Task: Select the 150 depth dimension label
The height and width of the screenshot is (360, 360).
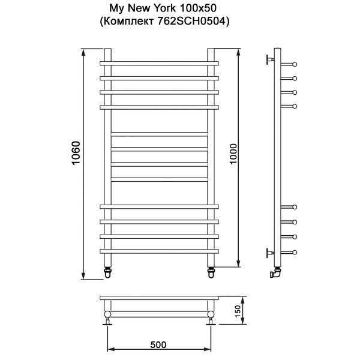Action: pos(238,312)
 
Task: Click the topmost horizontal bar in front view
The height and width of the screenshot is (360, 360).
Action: pos(159,63)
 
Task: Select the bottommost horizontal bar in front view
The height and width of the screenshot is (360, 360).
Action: pos(159,251)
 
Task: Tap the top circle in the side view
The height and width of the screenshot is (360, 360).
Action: pos(295,63)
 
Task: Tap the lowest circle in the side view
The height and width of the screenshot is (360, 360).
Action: pos(295,251)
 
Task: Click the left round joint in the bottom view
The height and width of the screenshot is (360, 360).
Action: pos(108,314)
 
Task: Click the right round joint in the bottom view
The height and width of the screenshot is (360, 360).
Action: pos(211,314)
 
